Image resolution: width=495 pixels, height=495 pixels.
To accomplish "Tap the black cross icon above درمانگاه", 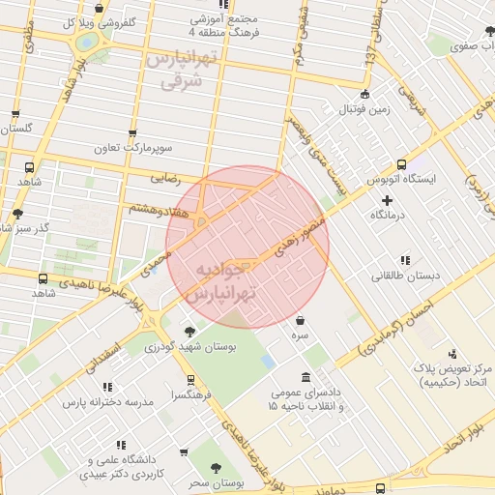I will point(388,199).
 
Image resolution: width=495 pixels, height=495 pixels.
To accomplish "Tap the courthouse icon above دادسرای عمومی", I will point(306,377).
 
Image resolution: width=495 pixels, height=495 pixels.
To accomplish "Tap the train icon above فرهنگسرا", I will point(190,380).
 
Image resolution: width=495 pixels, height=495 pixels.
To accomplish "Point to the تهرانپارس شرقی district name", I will point(184,72).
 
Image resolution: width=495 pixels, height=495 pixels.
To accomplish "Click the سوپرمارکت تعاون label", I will point(132,149).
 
